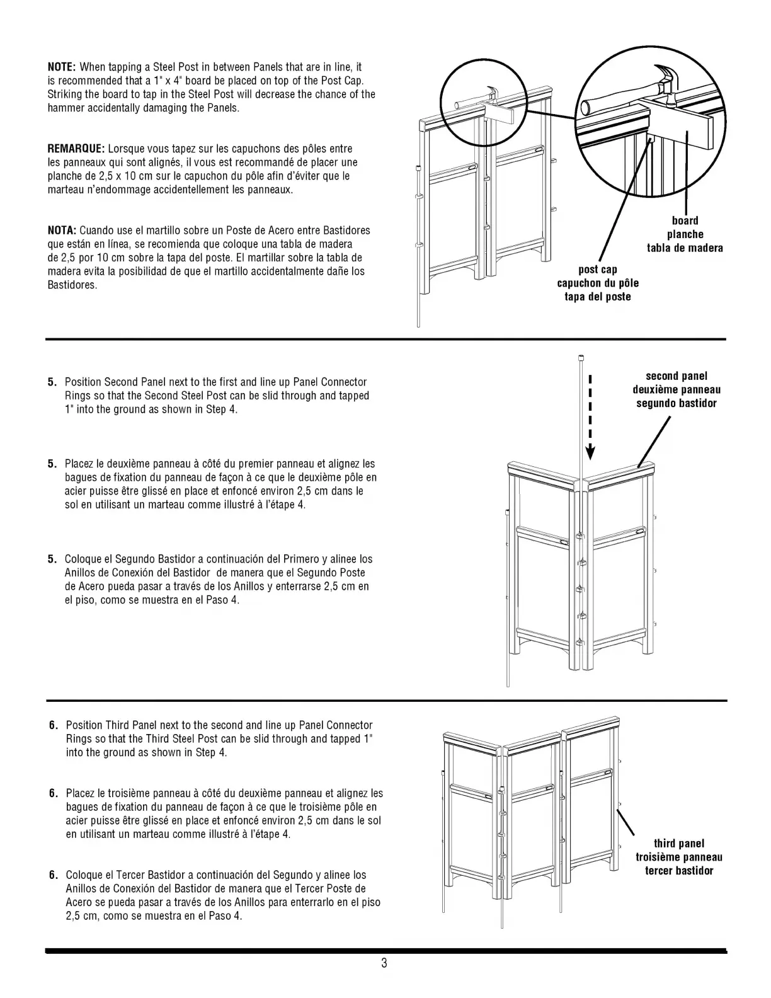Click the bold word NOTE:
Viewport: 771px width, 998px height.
coord(62,67)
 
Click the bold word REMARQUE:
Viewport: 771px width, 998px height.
coord(76,149)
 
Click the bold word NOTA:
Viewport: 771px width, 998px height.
coord(62,230)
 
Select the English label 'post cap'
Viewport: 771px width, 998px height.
coord(598,270)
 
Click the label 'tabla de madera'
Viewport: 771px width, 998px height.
coord(685,248)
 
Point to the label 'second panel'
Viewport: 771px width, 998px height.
coord(677,376)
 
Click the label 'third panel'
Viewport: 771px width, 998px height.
coord(678,844)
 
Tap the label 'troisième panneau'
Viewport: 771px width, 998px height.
coord(678,857)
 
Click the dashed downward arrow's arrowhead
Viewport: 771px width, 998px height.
coord(590,452)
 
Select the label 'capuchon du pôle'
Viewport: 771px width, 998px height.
coord(598,284)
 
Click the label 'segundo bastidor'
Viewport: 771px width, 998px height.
coord(677,403)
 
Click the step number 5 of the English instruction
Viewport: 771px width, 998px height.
coord(51,382)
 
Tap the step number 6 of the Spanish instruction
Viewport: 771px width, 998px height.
coord(53,875)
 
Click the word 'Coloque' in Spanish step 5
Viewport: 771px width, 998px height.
coord(83,559)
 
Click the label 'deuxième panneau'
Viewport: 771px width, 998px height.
coord(677,389)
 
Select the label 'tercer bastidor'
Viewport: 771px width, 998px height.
coord(678,871)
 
